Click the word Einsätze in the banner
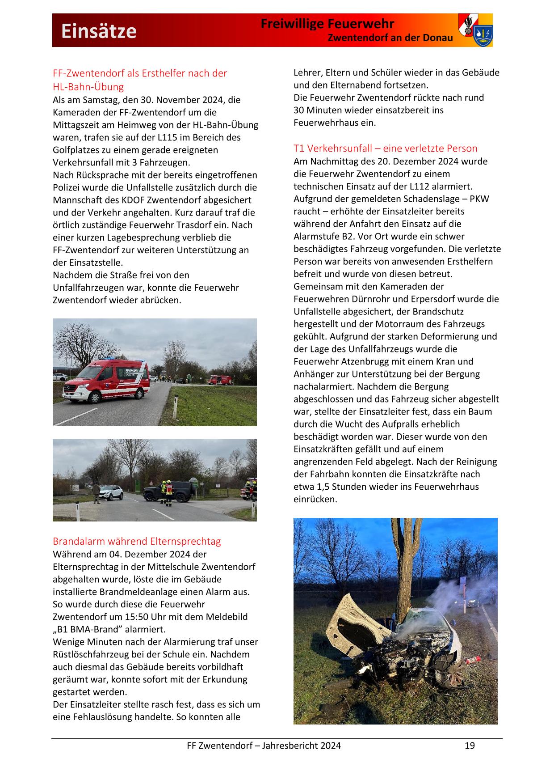pos(99,31)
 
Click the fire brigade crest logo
pos(475,30)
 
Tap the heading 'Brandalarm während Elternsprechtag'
pos(137,542)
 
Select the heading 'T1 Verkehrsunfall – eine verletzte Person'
pos(385,148)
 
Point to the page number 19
pos(470,746)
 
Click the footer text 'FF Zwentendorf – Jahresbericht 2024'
pos(264,746)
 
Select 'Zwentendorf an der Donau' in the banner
pos(390,38)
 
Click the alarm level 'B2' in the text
pos(354,237)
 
